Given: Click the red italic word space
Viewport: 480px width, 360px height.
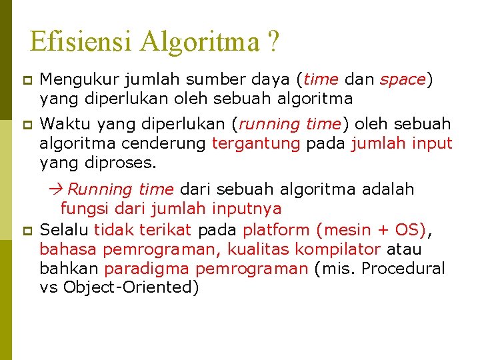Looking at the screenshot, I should point(402,80).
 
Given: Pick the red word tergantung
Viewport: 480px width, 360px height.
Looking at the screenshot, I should point(256,143).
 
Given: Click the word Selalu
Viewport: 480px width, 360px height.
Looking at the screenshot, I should point(65,231).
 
